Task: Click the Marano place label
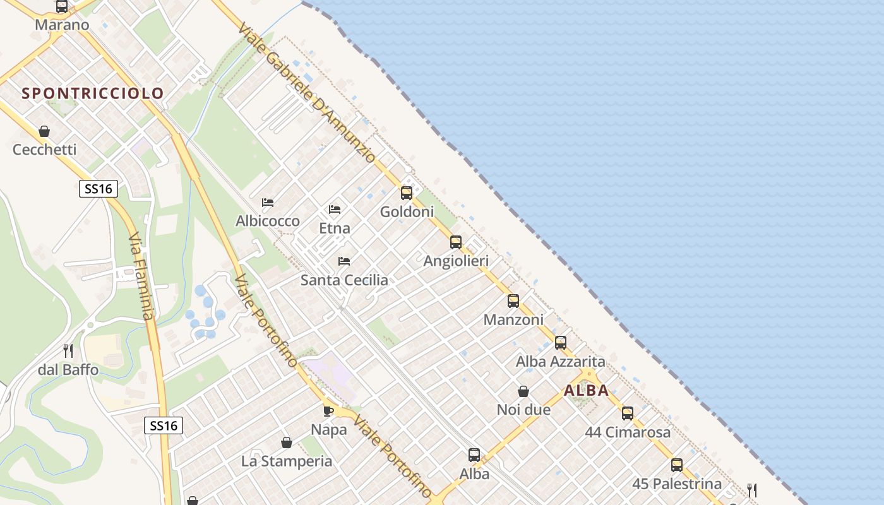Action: click(x=62, y=25)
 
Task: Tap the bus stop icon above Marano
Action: click(x=62, y=7)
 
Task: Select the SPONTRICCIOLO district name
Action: click(x=93, y=93)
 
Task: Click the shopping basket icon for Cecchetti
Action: click(x=44, y=131)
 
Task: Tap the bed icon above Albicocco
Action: click(x=268, y=203)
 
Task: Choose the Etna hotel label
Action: click(x=335, y=229)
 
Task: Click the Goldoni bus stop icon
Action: click(x=407, y=193)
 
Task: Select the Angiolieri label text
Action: click(x=456, y=261)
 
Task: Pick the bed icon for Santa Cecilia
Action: click(x=344, y=261)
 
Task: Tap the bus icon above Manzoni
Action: click(x=513, y=301)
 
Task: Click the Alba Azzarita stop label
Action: click(x=560, y=362)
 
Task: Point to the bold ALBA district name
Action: click(x=586, y=391)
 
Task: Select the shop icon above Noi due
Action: click(x=523, y=391)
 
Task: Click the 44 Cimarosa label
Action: click(x=627, y=432)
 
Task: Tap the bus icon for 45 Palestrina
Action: click(x=677, y=465)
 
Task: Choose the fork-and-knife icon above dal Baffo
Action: click(x=68, y=350)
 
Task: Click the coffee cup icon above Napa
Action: click(x=328, y=411)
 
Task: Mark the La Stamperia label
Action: click(x=287, y=461)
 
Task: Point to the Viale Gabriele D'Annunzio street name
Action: click(x=308, y=93)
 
